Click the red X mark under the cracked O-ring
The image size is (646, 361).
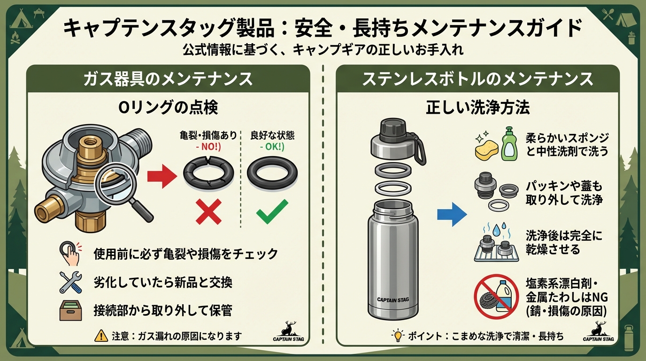[x=209, y=212]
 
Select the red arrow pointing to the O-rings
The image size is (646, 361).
[x=162, y=176]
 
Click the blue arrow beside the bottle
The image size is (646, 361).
[x=452, y=214]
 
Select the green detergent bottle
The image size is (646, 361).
[x=509, y=144]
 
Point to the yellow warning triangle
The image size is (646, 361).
[x=101, y=336]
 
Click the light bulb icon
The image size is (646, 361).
[x=398, y=335]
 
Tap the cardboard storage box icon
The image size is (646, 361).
[x=70, y=310]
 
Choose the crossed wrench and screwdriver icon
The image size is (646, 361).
[x=70, y=282]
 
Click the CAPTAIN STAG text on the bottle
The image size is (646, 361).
[x=393, y=300]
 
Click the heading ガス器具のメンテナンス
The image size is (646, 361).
[x=168, y=79]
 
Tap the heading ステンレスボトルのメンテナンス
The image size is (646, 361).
[x=477, y=79]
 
